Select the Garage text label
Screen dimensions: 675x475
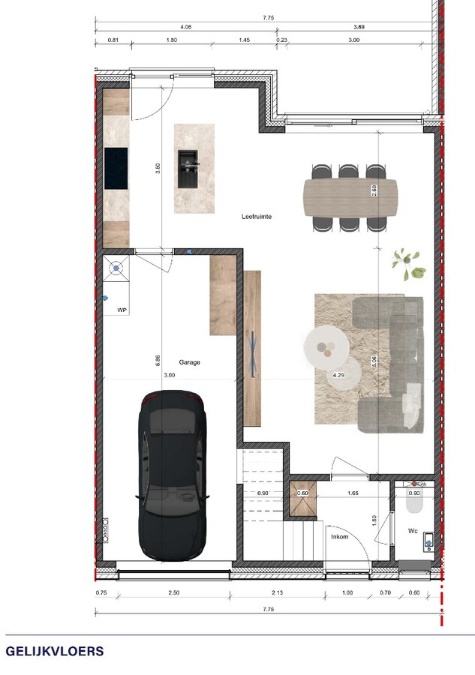click(189, 362)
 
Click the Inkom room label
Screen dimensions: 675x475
click(339, 537)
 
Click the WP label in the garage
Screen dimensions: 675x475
click(122, 310)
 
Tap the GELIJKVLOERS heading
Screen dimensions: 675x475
click(55, 651)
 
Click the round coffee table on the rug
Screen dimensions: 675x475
click(326, 346)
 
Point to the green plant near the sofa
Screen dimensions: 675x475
click(407, 263)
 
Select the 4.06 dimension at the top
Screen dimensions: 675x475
click(166, 26)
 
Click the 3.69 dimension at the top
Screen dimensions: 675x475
click(359, 26)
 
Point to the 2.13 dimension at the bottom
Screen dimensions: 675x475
click(278, 593)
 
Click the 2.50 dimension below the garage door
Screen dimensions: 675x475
click(173, 593)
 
